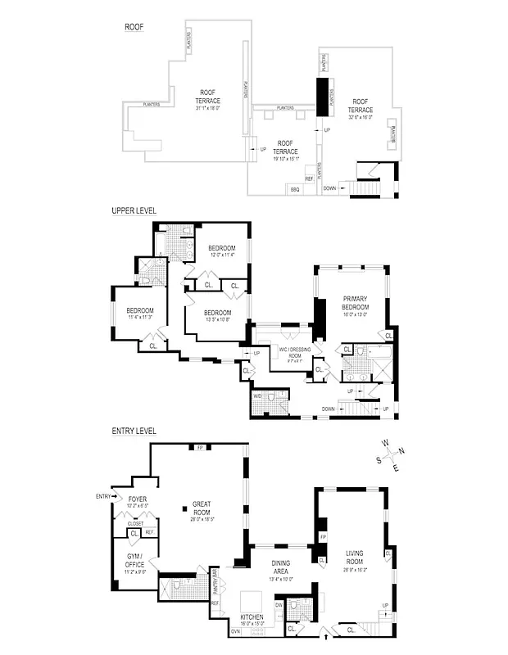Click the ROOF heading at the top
click(134, 27)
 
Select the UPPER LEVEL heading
click(134, 210)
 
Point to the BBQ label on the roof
click(295, 189)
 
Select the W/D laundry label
click(258, 396)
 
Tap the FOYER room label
click(138, 499)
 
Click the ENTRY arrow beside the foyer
click(108, 496)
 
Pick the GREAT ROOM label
click(202, 508)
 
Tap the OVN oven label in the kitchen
click(236, 630)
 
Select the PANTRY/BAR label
click(215, 583)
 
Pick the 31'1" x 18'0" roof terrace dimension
click(208, 108)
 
